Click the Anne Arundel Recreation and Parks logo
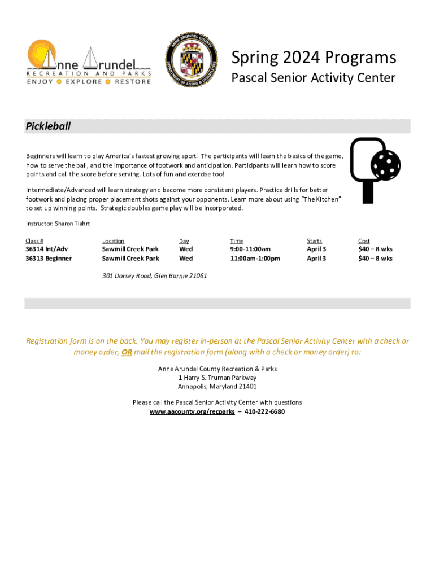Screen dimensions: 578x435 click(89, 62)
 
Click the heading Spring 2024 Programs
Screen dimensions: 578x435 click(314, 58)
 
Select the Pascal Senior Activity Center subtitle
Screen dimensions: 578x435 click(314, 78)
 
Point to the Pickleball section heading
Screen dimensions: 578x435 click(49, 126)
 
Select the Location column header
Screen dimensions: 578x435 click(113, 241)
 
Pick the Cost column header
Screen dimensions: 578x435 click(364, 241)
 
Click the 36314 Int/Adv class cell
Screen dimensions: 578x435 click(47, 249)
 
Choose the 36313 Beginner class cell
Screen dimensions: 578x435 click(49, 259)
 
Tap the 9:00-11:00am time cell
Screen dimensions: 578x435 click(250, 249)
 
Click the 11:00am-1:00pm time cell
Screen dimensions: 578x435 click(255, 259)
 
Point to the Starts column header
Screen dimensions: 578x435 click(314, 241)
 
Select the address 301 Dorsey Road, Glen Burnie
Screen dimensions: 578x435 click(154, 276)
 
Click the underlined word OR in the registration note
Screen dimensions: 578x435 click(127, 352)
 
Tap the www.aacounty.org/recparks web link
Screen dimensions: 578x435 click(192, 412)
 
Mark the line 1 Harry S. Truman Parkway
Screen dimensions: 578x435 click(217, 378)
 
